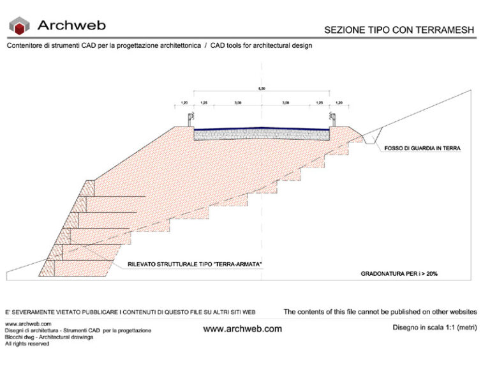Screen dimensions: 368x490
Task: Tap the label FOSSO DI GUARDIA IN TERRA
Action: pos(422,148)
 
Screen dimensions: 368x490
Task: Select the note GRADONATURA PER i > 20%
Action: pos(399,273)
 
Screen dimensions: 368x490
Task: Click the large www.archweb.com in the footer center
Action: pos(242,329)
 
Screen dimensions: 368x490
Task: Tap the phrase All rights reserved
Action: pos(27,344)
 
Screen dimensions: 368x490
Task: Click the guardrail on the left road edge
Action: pos(189,119)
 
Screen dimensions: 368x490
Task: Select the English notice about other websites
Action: pos(380,312)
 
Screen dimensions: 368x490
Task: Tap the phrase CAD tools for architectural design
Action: pos(262,47)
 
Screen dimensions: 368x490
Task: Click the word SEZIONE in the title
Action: pos(345,29)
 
